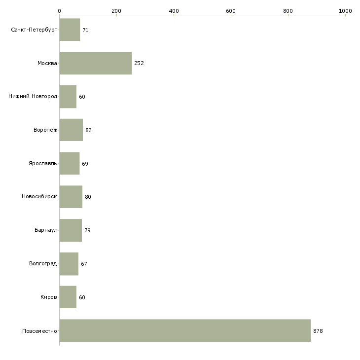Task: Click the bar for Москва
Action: (x=96, y=63)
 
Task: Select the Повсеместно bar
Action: (x=185, y=330)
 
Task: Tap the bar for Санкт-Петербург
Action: (x=70, y=30)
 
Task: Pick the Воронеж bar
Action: (x=71, y=130)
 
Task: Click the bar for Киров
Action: (x=68, y=297)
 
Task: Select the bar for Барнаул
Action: (x=71, y=230)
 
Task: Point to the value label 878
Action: (x=318, y=331)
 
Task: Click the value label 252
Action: (x=139, y=63)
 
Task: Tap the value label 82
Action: (x=88, y=130)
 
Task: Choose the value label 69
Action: (x=85, y=164)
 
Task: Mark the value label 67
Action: (x=84, y=264)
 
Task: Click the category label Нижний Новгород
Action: (x=33, y=96)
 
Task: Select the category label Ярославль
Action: (x=43, y=163)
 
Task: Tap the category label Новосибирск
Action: (x=39, y=197)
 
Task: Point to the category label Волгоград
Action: (x=43, y=263)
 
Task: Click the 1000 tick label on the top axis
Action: (x=345, y=11)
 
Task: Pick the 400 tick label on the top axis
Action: (x=174, y=11)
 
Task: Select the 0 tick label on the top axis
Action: (x=60, y=11)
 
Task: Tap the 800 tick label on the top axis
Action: (x=288, y=11)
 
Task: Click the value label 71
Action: (x=85, y=30)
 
